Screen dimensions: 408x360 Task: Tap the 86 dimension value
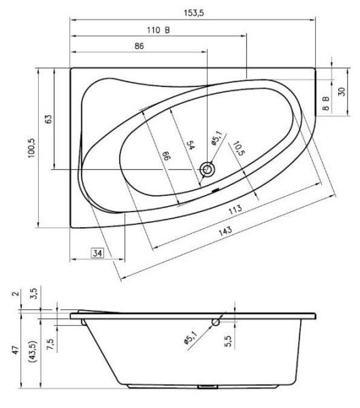tap(139, 46)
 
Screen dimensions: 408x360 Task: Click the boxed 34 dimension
tap(98, 254)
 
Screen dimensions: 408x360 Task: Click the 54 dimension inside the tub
tap(191, 146)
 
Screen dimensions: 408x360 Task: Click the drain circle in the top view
tap(208, 169)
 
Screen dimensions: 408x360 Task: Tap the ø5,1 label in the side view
tap(190, 338)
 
